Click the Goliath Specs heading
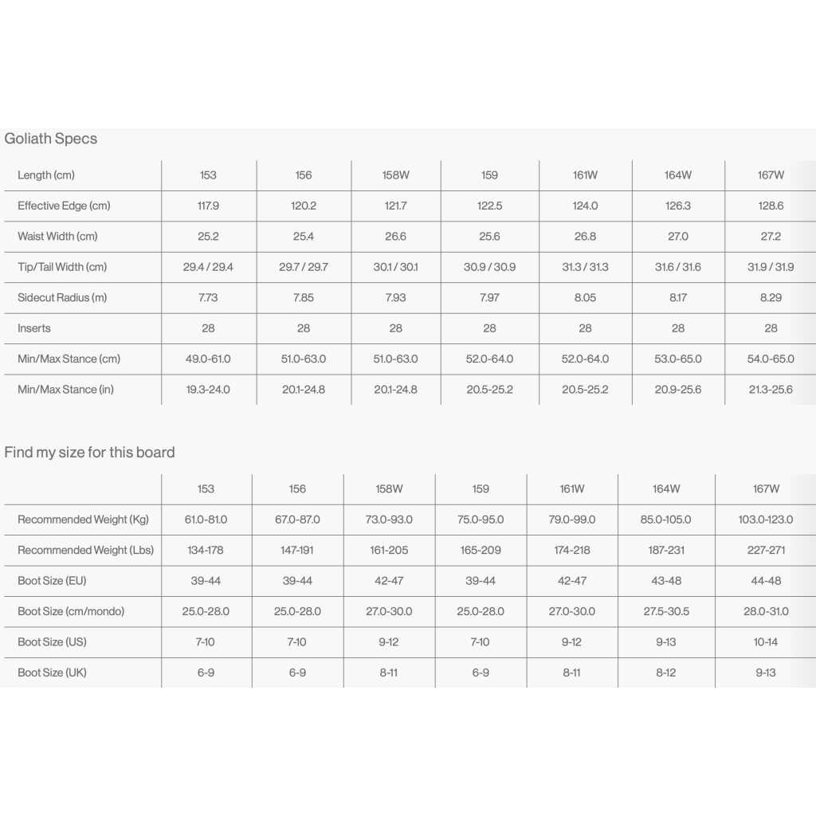[x=51, y=139]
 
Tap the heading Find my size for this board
[x=89, y=453]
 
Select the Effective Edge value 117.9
[x=208, y=206]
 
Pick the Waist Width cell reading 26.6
[x=395, y=237]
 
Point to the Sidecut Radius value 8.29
[x=771, y=298]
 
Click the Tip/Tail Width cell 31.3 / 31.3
[x=585, y=267]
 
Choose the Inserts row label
[x=34, y=328]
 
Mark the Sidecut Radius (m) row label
[x=62, y=298]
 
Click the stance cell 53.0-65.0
[x=677, y=359]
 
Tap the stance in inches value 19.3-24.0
[x=208, y=390]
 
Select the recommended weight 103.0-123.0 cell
[x=766, y=520]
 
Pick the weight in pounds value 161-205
[x=389, y=550]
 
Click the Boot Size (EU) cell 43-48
[x=666, y=581]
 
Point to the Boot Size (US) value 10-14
[x=766, y=642]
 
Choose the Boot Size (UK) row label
[x=52, y=673]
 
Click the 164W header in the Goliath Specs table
[x=677, y=175]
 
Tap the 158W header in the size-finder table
[x=389, y=488]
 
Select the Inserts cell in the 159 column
[x=489, y=328]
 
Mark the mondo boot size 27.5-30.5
[x=666, y=611]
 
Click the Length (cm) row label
[x=46, y=175]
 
